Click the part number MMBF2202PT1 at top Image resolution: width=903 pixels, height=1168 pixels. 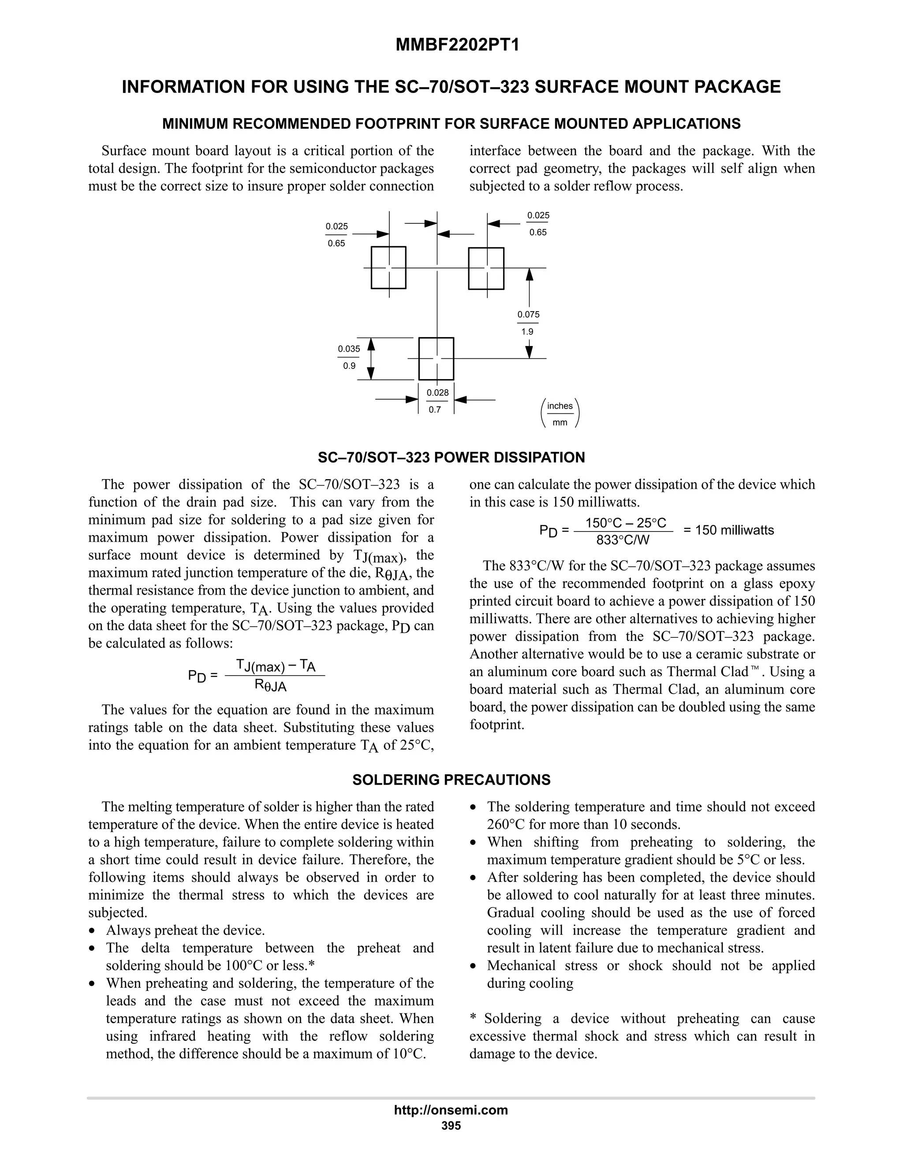point(457,45)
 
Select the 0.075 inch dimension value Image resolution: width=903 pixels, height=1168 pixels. point(528,314)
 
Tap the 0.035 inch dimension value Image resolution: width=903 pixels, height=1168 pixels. point(349,349)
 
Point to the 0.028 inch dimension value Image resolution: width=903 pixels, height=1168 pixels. point(437,393)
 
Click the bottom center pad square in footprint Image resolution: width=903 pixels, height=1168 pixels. point(436,358)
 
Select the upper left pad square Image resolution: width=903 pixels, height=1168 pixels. point(388,268)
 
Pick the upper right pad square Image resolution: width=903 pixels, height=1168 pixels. point(486,268)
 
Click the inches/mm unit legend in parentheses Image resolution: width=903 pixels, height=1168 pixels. point(560,414)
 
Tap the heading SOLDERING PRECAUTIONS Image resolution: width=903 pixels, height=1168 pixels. point(451,780)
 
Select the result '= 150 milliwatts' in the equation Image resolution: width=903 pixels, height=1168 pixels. point(728,530)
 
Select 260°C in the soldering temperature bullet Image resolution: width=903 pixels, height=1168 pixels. point(506,824)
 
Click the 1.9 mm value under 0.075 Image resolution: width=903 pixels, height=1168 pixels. point(527,331)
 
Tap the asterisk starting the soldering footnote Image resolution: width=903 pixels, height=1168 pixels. point(473,1018)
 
